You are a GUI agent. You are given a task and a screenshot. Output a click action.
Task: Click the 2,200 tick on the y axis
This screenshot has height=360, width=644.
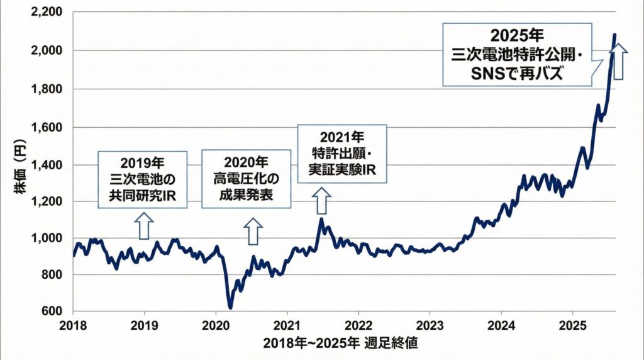click(x=48, y=13)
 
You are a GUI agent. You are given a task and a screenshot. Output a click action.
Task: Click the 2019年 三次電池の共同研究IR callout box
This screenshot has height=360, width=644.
click(x=144, y=180)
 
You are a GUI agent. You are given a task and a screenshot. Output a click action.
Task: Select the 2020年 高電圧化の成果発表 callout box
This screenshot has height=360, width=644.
click(x=246, y=180)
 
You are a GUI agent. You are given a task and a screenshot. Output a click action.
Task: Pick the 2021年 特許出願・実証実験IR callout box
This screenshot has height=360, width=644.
click(x=341, y=154)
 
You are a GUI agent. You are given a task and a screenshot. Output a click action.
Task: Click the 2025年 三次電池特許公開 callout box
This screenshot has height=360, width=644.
click(x=517, y=54)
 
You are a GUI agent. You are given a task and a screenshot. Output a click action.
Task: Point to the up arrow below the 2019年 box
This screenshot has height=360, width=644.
click(x=144, y=225)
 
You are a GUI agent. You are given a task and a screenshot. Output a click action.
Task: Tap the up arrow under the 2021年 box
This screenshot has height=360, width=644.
click(x=321, y=201)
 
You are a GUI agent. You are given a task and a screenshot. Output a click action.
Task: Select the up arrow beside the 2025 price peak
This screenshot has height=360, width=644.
click(x=619, y=61)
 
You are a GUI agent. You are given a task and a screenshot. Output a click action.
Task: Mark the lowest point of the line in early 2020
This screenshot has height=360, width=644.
click(x=230, y=308)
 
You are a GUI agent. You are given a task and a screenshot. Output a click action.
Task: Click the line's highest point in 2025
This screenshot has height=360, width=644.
click(x=614, y=35)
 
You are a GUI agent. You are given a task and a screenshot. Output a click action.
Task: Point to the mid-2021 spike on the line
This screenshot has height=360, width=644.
click(x=321, y=219)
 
